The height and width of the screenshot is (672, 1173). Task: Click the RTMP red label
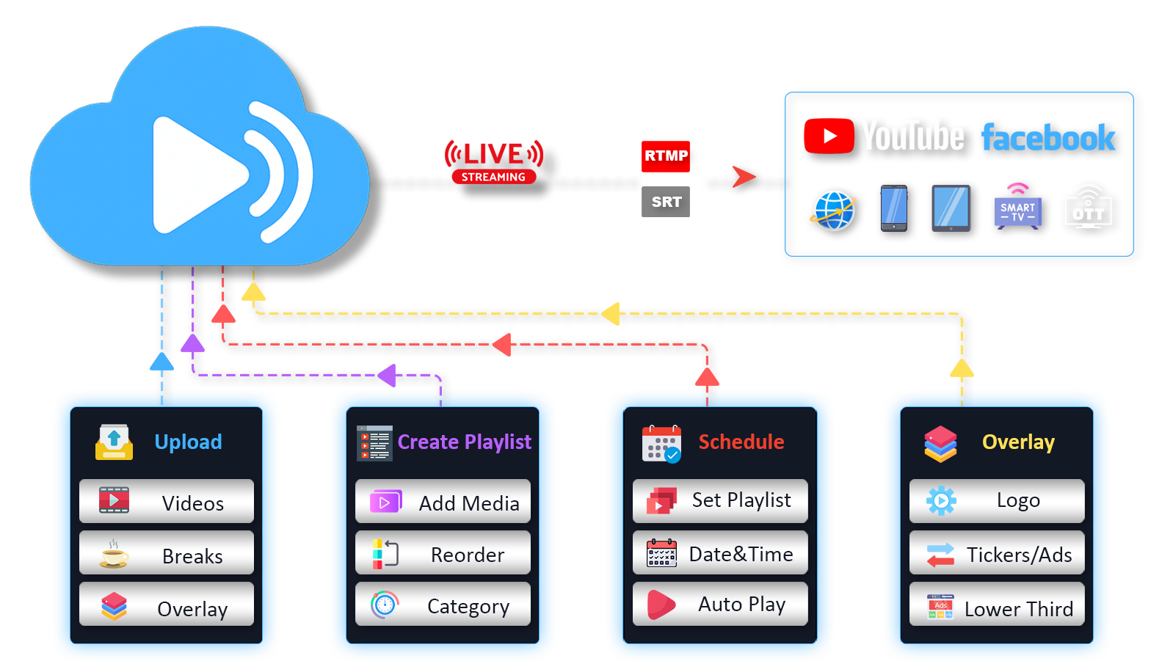tap(667, 156)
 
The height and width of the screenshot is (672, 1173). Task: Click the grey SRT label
tap(667, 202)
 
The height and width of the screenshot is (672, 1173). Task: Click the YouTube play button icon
tap(829, 136)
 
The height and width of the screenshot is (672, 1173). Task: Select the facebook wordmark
tap(1049, 138)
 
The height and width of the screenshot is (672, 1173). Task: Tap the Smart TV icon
tap(1017, 210)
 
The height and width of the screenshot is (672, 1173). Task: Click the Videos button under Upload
tap(167, 502)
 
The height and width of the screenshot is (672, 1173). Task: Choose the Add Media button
tap(443, 502)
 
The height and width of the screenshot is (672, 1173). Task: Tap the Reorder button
tap(443, 554)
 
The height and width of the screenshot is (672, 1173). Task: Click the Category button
tap(443, 605)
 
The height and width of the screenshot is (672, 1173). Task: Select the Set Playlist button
tap(720, 500)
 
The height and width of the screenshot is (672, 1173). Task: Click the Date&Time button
tap(720, 554)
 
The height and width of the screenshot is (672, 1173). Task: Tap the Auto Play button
tap(720, 605)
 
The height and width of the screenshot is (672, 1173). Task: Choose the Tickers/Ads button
tap(997, 554)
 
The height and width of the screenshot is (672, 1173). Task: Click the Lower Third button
tap(997, 607)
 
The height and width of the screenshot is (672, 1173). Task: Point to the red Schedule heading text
tap(741, 442)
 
